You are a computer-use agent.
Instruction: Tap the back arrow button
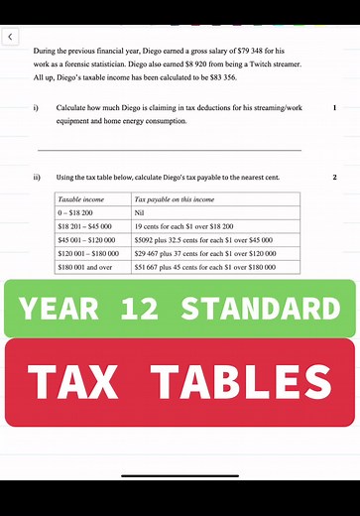pyautogui.click(x=11, y=37)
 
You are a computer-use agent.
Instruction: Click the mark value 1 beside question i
pyautogui.click(x=335, y=106)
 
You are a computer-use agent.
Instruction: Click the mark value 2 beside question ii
pyautogui.click(x=335, y=178)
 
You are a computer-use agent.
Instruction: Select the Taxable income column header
pyautogui.click(x=81, y=199)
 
